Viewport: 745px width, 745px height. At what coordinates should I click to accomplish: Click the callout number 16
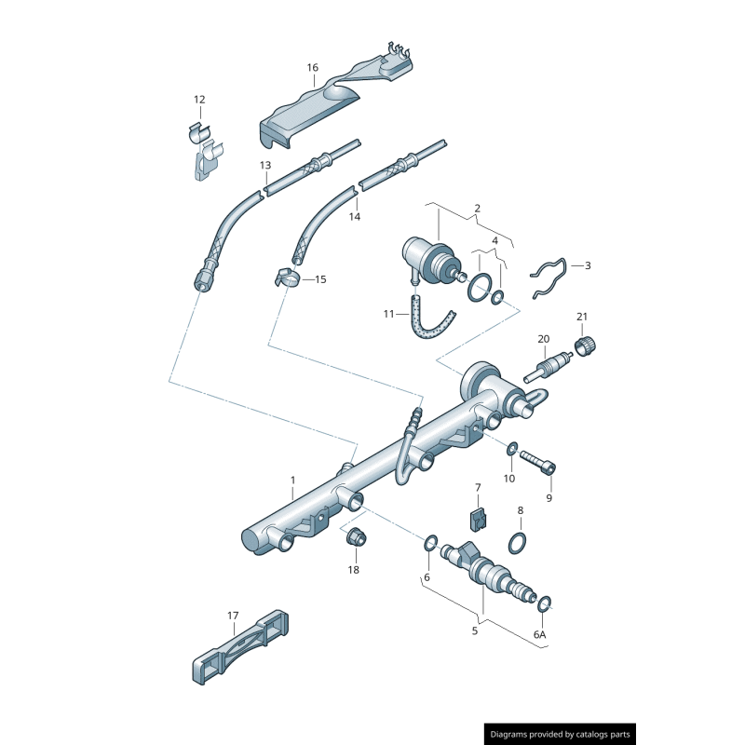pos(312,67)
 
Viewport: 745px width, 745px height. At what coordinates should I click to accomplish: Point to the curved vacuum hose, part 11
pos(431,321)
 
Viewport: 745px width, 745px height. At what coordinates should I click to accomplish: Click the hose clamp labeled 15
pos(286,278)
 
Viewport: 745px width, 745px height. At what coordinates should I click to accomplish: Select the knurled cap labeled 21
pos(588,346)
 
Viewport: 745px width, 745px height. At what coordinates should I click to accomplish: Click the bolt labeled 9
pos(538,461)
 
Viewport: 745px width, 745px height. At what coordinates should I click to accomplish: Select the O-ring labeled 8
pos(519,541)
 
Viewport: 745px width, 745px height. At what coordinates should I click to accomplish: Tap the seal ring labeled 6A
pos(546,604)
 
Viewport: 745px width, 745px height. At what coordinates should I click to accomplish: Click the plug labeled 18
pos(355,538)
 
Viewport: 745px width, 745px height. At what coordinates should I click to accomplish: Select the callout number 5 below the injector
pos(474,630)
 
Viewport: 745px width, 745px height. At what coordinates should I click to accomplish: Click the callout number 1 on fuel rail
pos(291,480)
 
